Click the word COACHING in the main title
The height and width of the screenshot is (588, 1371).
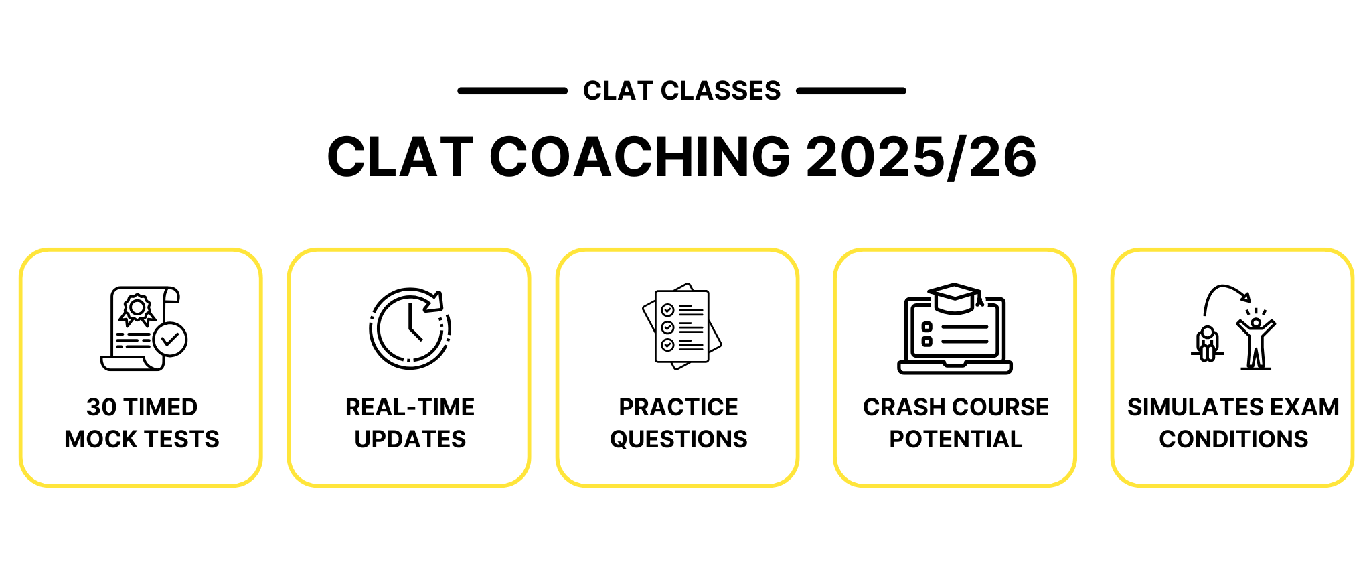(x=640, y=157)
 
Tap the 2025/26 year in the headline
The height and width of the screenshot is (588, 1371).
(x=922, y=157)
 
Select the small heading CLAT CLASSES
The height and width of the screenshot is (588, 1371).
(x=681, y=90)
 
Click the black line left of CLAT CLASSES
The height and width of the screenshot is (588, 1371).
(x=512, y=90)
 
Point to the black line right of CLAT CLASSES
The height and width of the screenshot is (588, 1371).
(x=851, y=90)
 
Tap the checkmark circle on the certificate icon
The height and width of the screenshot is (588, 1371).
(x=170, y=340)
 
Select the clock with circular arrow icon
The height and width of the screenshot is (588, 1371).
(x=410, y=328)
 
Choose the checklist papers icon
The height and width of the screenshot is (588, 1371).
(x=681, y=326)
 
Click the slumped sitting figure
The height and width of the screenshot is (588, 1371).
(x=1207, y=343)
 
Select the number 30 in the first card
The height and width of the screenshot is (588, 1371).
(x=101, y=407)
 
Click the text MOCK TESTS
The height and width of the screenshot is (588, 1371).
(x=142, y=439)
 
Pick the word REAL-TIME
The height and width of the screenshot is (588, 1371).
(x=410, y=407)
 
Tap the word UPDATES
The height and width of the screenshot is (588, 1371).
(x=410, y=439)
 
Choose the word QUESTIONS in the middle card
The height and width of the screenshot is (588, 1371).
(x=678, y=439)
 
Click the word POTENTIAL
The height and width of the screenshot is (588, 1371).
(x=955, y=439)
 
